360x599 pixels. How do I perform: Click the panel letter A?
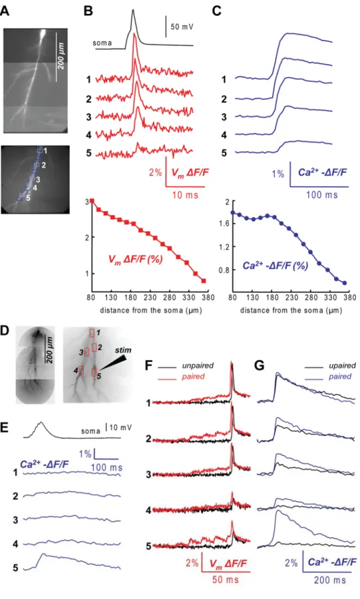coord(5,11)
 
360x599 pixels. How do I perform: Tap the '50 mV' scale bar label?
coord(182,27)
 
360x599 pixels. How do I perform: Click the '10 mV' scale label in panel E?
coord(120,427)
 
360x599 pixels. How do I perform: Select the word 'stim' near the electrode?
coord(123,349)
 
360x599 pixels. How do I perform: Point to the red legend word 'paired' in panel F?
coord(193,377)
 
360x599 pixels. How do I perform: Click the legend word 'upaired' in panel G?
coord(342,366)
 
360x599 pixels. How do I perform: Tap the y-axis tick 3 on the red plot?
coord(87,201)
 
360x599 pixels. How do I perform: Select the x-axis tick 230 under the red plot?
coord(150,298)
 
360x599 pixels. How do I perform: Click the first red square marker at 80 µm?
coord(92,201)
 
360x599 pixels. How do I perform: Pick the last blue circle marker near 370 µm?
coord(344,283)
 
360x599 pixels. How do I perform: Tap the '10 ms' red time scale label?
coord(185,195)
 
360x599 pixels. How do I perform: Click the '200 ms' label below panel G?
coord(330,580)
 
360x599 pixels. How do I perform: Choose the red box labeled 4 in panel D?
coord(81,370)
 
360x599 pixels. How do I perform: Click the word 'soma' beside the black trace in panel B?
coord(102,43)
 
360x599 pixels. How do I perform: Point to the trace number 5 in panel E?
coord(15,568)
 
